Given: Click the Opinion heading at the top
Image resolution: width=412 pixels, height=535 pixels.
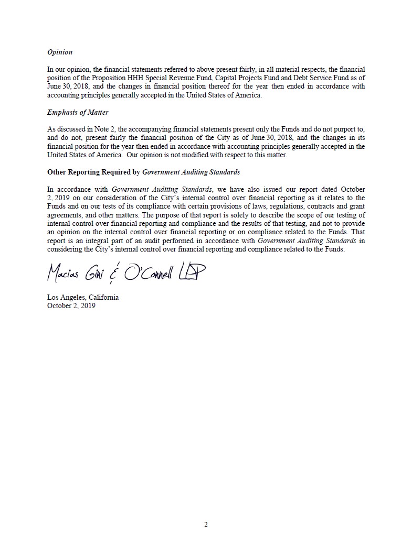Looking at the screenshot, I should tap(60, 52).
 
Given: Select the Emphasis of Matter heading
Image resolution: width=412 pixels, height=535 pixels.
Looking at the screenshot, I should tap(78, 112).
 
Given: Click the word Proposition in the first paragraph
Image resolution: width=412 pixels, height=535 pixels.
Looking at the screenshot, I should tap(109, 78).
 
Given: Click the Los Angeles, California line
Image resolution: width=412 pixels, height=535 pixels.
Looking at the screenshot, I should tap(83, 297).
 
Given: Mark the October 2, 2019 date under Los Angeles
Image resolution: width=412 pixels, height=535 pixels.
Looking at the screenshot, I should tap(71, 306).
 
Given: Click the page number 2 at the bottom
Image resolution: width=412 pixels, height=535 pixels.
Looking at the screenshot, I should tap(206, 525).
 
